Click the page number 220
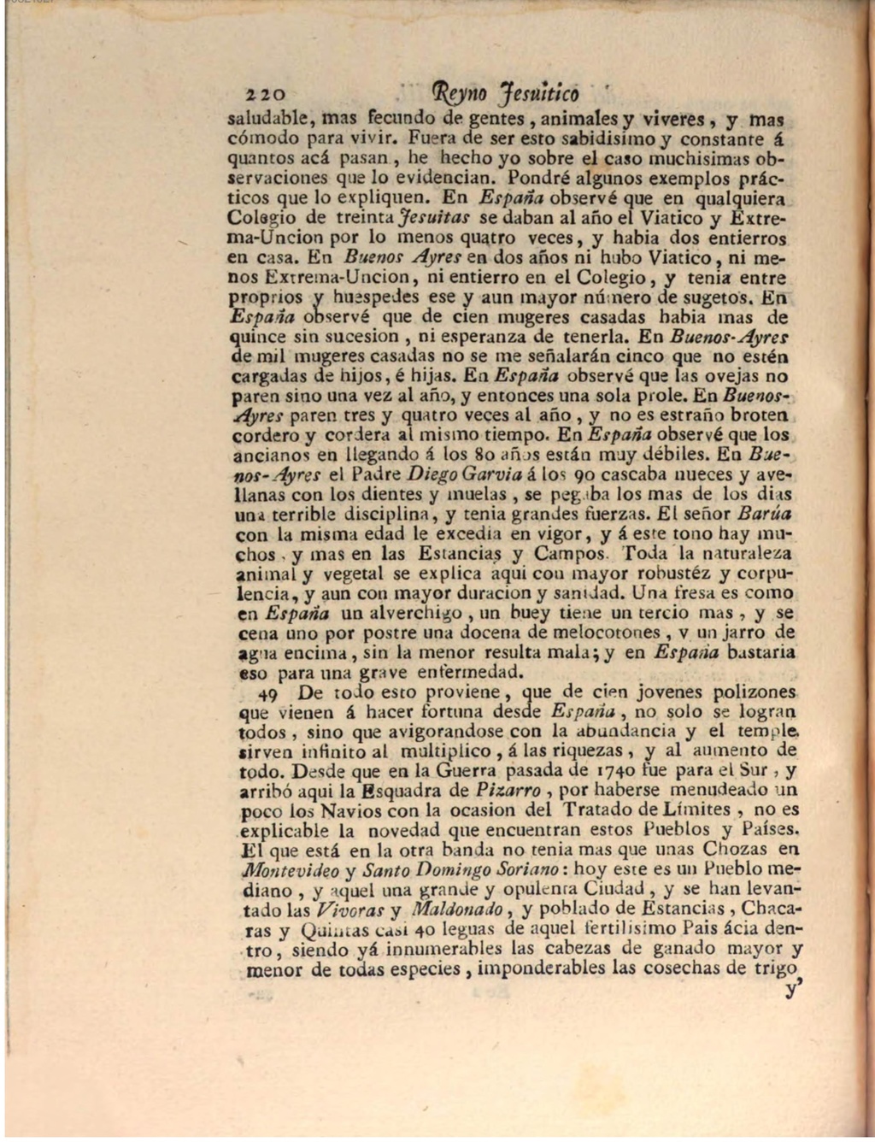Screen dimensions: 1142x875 (x=264, y=93)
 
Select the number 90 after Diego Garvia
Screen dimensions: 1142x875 (x=586, y=474)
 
